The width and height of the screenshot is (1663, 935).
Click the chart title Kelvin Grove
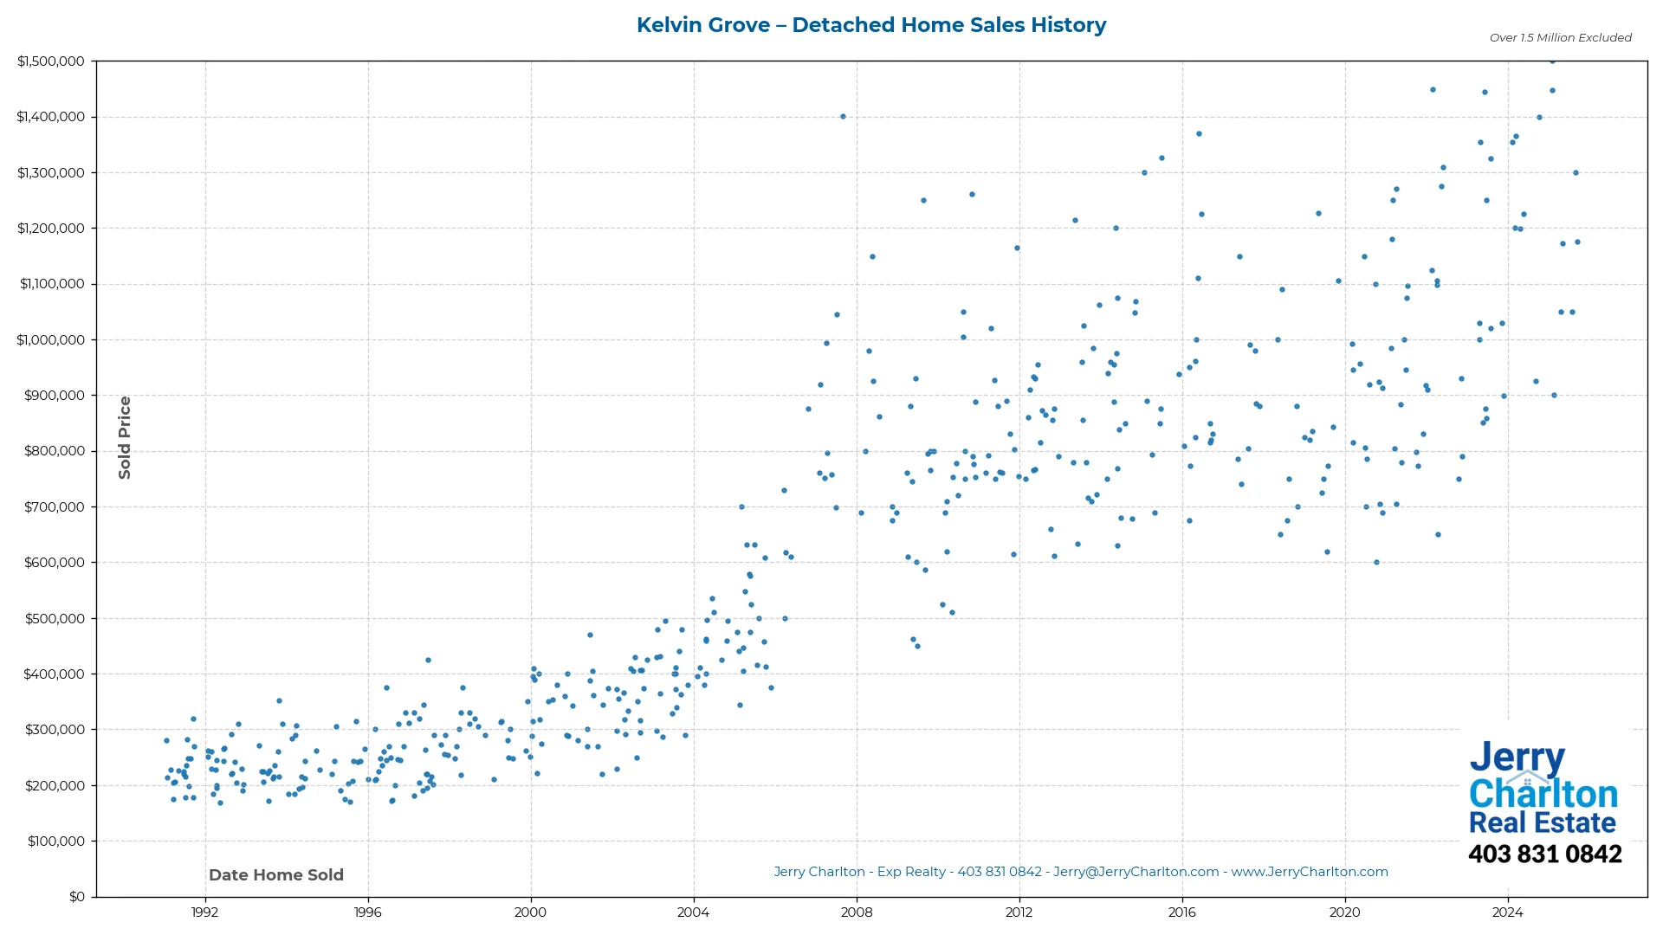click(x=870, y=25)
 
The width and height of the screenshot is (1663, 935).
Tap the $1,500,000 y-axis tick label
click(x=50, y=61)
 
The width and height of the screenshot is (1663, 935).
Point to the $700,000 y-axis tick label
click(x=54, y=506)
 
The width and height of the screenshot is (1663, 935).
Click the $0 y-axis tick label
click(x=77, y=896)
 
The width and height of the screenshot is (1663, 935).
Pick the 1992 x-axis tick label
click(x=204, y=912)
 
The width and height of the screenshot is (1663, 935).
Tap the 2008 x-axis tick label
click(x=856, y=912)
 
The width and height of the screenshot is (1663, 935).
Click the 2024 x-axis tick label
click(x=1507, y=912)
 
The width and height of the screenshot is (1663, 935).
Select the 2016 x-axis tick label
click(x=1181, y=912)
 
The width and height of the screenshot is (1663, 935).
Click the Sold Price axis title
click(x=125, y=437)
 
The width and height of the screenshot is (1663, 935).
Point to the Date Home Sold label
click(x=275, y=874)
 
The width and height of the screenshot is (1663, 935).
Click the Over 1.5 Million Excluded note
click(x=1560, y=37)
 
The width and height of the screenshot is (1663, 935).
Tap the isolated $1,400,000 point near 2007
click(x=843, y=116)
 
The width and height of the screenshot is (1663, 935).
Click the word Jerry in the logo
click(x=1517, y=758)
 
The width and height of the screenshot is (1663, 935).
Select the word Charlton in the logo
click(x=1543, y=793)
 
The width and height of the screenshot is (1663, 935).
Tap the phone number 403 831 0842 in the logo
click(x=1544, y=854)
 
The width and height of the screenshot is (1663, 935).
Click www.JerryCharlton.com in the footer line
click(x=1309, y=872)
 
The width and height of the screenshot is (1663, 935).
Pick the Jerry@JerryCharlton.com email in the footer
click(x=1136, y=872)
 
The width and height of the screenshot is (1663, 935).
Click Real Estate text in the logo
click(x=1542, y=822)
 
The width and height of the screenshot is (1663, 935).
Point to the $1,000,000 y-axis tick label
click(x=50, y=339)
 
